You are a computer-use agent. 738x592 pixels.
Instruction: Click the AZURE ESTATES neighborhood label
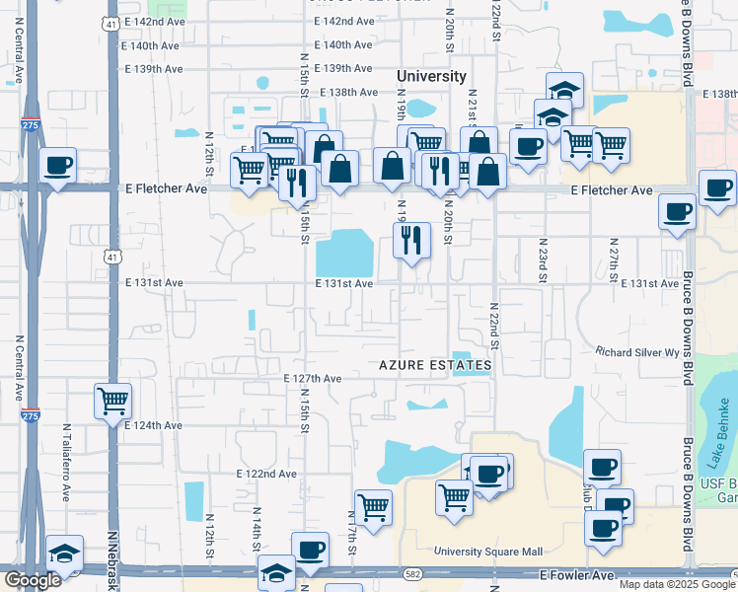(435, 365)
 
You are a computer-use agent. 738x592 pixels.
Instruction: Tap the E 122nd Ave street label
(266, 474)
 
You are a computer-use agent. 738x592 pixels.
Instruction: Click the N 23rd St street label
(543, 259)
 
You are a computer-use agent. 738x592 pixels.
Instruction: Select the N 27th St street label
(613, 259)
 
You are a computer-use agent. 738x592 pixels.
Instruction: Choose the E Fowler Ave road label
(577, 574)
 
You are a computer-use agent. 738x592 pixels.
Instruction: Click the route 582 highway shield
(413, 572)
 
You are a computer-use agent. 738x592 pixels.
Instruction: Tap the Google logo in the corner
(33, 580)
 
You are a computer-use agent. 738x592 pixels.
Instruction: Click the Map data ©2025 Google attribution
(677, 584)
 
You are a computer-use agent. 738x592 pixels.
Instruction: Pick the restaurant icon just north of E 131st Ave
(411, 240)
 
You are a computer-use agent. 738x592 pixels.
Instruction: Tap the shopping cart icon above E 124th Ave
(113, 402)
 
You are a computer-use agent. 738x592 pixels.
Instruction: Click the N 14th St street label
(257, 524)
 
